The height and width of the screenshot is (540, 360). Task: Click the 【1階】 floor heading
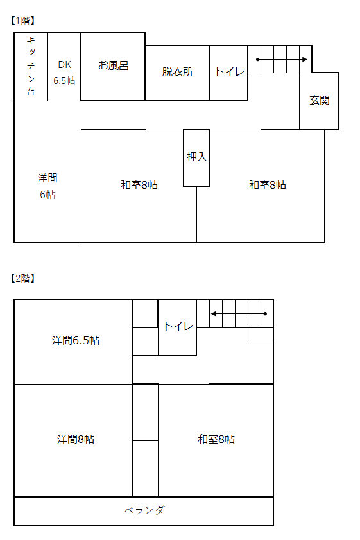pos(22,21)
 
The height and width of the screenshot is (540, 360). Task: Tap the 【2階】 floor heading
pos(22,278)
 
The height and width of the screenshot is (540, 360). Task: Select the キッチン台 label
pos(31,65)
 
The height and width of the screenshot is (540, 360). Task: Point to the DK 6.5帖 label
pos(64,73)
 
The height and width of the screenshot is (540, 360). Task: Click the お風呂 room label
pos(113,65)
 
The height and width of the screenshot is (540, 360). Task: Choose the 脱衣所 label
pos(178,72)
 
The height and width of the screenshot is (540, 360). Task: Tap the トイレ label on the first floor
pos(229,72)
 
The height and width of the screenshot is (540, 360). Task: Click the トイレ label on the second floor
pos(178,326)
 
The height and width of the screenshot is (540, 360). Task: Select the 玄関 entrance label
pos(320,100)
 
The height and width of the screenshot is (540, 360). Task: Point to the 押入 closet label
pos(196,157)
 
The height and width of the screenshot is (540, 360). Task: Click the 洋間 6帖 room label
pos(47,186)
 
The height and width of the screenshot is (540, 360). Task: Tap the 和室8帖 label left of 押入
pos(139,185)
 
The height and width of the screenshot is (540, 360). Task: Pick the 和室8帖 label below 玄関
pos(268,185)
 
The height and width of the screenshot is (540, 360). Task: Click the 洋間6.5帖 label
pos(76,340)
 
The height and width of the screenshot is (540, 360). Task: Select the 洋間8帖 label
pos(76,439)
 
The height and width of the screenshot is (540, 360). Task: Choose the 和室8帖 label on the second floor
pos(216,439)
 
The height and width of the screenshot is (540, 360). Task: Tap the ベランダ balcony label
pos(144,510)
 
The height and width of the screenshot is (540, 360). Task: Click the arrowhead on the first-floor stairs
pos(305,60)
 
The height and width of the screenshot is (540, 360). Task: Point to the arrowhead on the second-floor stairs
pos(214,314)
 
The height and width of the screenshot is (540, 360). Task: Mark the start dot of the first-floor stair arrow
pos(258,60)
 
